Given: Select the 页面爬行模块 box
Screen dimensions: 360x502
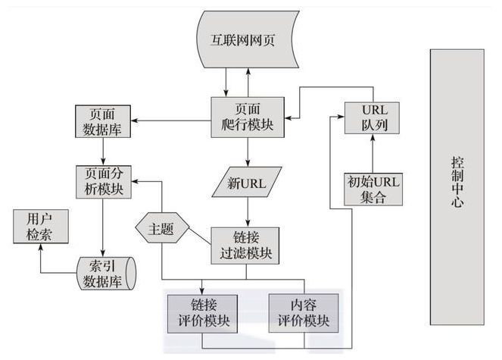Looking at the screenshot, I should point(248,117).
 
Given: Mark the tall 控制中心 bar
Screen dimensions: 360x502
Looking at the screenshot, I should point(456,186).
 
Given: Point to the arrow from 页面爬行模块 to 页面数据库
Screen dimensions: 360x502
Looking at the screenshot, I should point(174,119).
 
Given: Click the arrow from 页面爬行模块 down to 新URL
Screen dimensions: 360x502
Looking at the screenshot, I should point(247,152).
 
